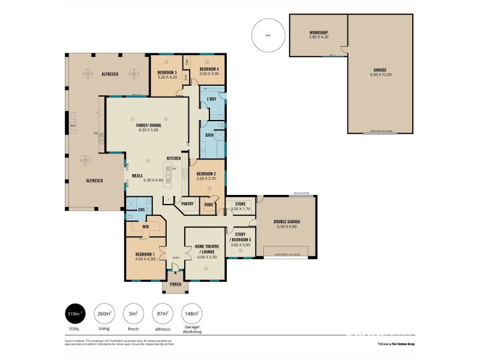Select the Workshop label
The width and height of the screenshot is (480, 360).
[318, 32]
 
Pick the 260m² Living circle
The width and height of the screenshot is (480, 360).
[104, 313]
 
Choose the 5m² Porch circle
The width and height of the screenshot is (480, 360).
[133, 313]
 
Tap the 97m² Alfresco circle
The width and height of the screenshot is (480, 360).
[162, 313]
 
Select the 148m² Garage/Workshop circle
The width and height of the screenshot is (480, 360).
[192, 313]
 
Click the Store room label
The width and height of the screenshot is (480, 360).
[240, 204]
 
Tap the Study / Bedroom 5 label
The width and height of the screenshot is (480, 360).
[241, 236]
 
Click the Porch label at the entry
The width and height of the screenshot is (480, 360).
[176, 284]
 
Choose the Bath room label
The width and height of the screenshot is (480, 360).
[209, 135]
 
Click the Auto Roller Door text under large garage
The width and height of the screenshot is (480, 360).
[380, 130]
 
